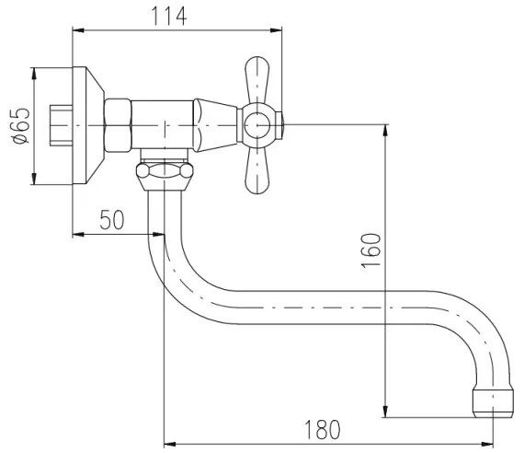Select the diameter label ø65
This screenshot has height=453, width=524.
pos(20,125)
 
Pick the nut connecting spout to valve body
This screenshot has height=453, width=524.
pos(165,171)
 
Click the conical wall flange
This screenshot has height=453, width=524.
pos(85,125)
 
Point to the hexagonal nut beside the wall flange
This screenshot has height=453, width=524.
pos(120,125)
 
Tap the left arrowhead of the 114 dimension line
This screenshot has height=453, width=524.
pos(76,30)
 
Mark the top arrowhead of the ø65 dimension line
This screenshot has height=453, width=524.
pos(33,72)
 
